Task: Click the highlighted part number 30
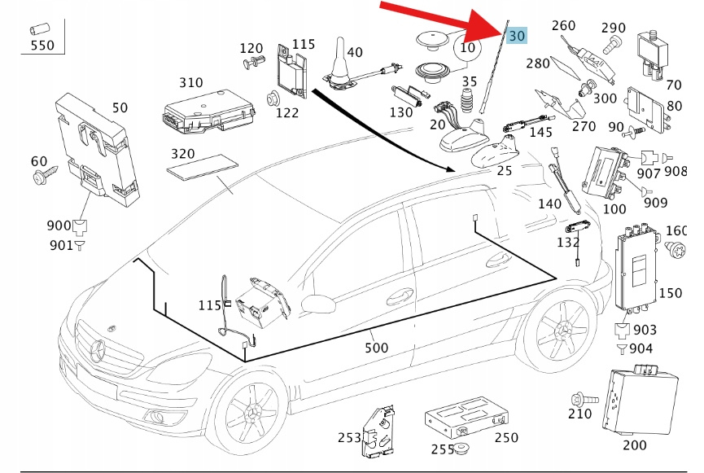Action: (x=516, y=36)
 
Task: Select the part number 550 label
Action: (x=42, y=46)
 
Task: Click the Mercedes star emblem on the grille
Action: (x=99, y=352)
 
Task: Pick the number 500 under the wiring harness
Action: (x=376, y=348)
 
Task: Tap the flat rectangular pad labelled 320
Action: (x=203, y=167)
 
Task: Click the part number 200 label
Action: (x=634, y=445)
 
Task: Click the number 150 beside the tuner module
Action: (x=670, y=293)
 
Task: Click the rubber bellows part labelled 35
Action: (x=468, y=104)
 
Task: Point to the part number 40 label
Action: (x=354, y=53)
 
